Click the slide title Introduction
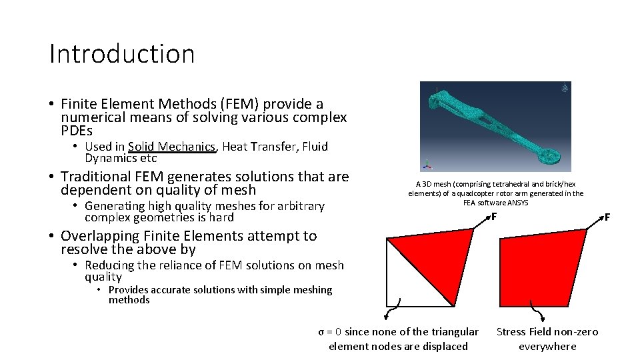pos(122,54)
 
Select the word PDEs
pos(76,131)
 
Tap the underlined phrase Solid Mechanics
pos(172,147)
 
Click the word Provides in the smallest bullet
pos(131,290)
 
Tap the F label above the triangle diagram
pos(493,216)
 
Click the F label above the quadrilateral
pos(607,217)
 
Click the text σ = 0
pos(331,332)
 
